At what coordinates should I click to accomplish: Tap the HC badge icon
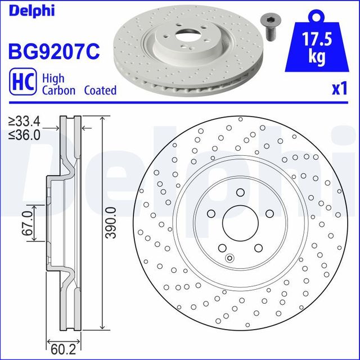pyautogui.click(x=21, y=83)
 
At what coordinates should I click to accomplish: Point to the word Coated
pyautogui.click(x=100, y=90)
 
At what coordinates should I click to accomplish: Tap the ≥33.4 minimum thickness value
pyautogui.click(x=25, y=121)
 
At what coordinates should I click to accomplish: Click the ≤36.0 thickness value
pyautogui.click(x=25, y=134)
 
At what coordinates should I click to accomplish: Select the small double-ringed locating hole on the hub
pyautogui.click(x=229, y=258)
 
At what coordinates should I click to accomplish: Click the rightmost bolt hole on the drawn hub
pyautogui.click(x=269, y=213)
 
